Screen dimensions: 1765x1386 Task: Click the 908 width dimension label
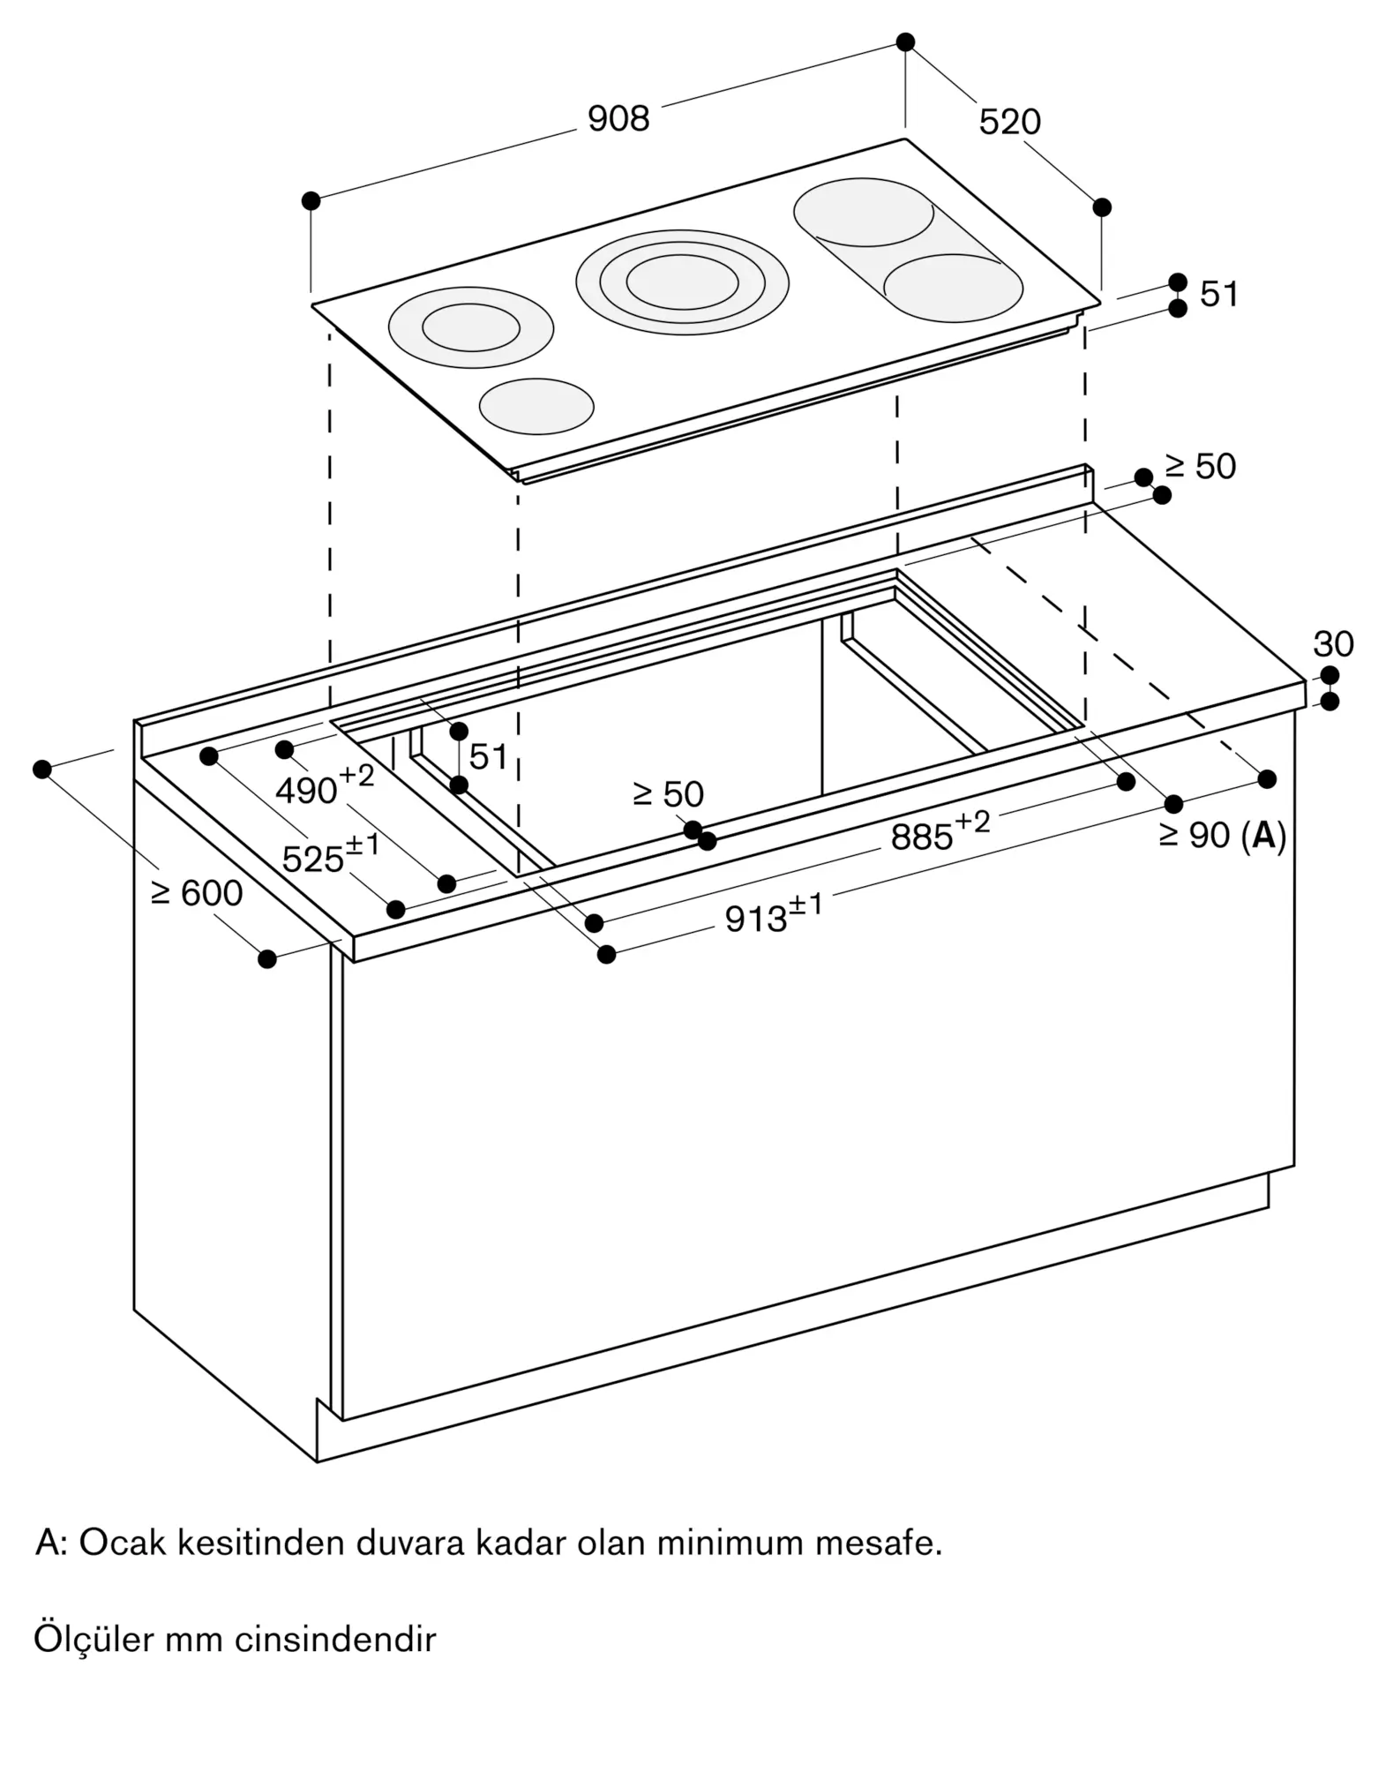click(618, 119)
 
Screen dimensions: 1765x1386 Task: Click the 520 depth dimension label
click(1009, 122)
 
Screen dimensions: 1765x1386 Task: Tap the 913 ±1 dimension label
click(773, 915)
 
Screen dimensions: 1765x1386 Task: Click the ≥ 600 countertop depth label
click(197, 894)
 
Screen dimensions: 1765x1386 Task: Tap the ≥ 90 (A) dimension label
click(1223, 835)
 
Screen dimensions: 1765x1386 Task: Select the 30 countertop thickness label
click(1332, 644)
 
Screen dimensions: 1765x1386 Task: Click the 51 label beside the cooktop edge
click(1219, 295)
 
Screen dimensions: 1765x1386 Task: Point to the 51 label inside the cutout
click(488, 756)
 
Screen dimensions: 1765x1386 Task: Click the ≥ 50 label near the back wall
click(1201, 467)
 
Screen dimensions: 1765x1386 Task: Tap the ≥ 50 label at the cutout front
click(669, 795)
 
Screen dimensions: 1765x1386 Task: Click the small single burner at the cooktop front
click(536, 406)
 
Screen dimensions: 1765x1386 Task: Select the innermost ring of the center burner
click(683, 282)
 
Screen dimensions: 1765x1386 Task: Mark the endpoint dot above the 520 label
click(905, 41)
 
